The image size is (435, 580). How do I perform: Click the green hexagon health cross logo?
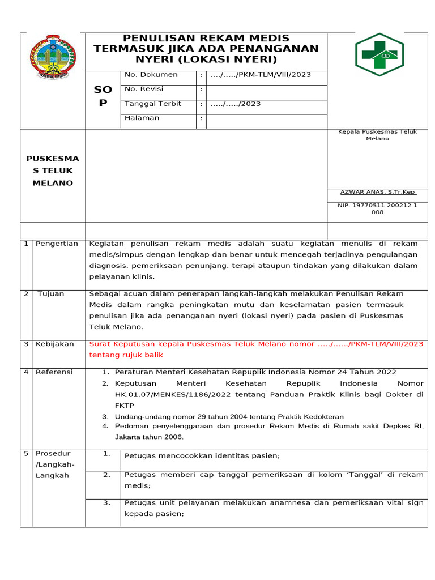(x=379, y=54)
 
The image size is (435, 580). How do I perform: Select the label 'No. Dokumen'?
(x=151, y=75)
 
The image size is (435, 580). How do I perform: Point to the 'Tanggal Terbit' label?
(x=152, y=104)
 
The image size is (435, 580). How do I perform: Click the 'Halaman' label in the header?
(x=142, y=118)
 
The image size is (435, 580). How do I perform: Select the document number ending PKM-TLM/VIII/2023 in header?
(x=261, y=75)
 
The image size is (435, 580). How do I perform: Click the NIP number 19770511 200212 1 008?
(x=377, y=208)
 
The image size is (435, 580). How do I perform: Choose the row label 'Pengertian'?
(x=57, y=244)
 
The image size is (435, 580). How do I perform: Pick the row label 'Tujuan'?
(x=51, y=293)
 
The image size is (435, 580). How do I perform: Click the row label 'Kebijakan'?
(x=54, y=344)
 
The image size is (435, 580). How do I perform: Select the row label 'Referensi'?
(x=54, y=372)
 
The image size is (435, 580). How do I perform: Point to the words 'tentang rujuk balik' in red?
(x=126, y=355)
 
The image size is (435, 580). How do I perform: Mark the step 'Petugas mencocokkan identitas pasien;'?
(x=202, y=455)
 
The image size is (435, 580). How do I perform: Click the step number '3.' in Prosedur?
(x=106, y=502)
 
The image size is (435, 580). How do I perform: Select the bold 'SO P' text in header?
(x=103, y=96)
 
